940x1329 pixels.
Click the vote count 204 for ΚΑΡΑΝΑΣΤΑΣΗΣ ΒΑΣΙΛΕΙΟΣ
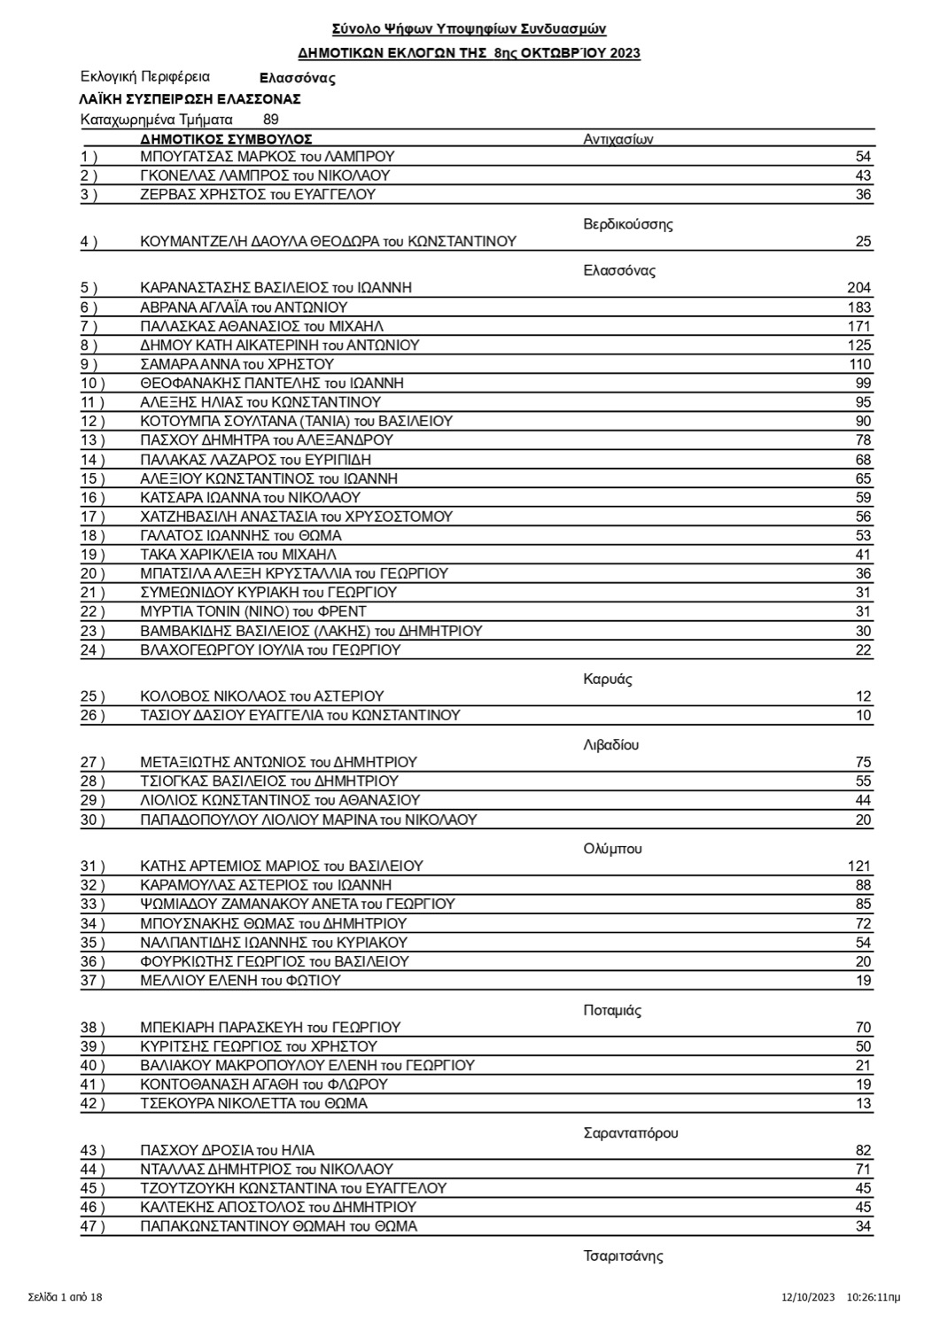858,288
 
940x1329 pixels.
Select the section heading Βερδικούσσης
627,224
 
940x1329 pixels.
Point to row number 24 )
92,650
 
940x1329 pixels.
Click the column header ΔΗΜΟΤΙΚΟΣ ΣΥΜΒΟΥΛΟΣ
226,139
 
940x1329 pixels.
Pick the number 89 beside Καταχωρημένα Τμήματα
271,120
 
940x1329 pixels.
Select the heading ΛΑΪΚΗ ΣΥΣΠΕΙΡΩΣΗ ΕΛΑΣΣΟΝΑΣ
190,98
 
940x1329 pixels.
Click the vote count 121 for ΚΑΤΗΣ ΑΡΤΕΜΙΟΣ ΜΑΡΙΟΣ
858,867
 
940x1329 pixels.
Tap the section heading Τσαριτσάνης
623,1256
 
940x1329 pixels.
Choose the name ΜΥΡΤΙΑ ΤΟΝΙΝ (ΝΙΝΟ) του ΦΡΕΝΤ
253,611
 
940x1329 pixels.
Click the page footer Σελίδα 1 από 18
66,1298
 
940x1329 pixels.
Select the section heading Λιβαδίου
611,745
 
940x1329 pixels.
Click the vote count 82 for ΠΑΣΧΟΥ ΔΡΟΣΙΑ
863,1151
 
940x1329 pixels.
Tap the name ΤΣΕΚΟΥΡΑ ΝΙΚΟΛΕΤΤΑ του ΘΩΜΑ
253,1104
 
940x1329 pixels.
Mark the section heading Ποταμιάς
612,1011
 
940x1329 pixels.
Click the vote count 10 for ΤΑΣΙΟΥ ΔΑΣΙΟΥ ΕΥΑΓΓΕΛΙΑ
863,716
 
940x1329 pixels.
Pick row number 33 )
92,905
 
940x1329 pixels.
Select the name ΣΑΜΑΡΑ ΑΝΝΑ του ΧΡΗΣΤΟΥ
237,364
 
